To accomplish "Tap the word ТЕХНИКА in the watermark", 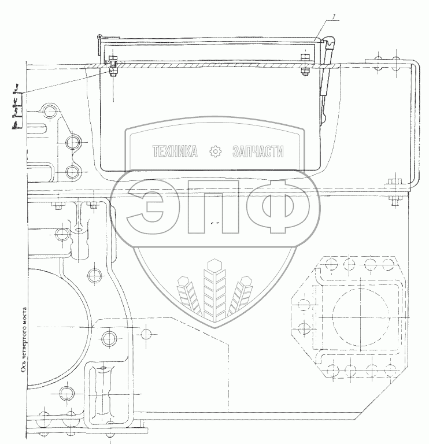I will [x=174, y=151].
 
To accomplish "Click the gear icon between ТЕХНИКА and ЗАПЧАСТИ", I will [x=215, y=151].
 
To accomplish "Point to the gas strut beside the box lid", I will [x=326, y=81].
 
